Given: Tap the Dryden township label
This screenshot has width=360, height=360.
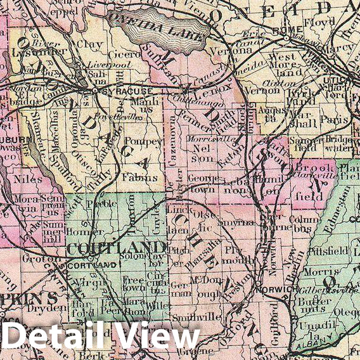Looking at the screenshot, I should coord(54,309).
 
